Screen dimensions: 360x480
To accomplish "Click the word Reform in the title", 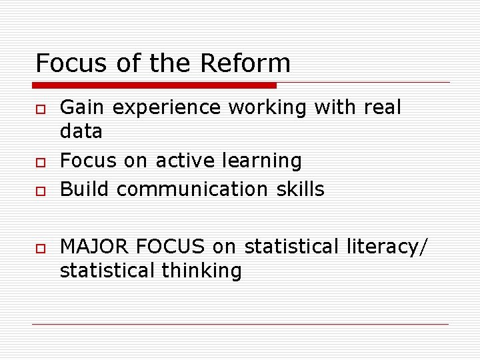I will point(245,63).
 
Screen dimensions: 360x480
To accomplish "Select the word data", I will point(81,131).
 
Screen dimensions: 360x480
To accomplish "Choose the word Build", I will point(85,189).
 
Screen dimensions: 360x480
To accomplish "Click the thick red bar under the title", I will point(154,85).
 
